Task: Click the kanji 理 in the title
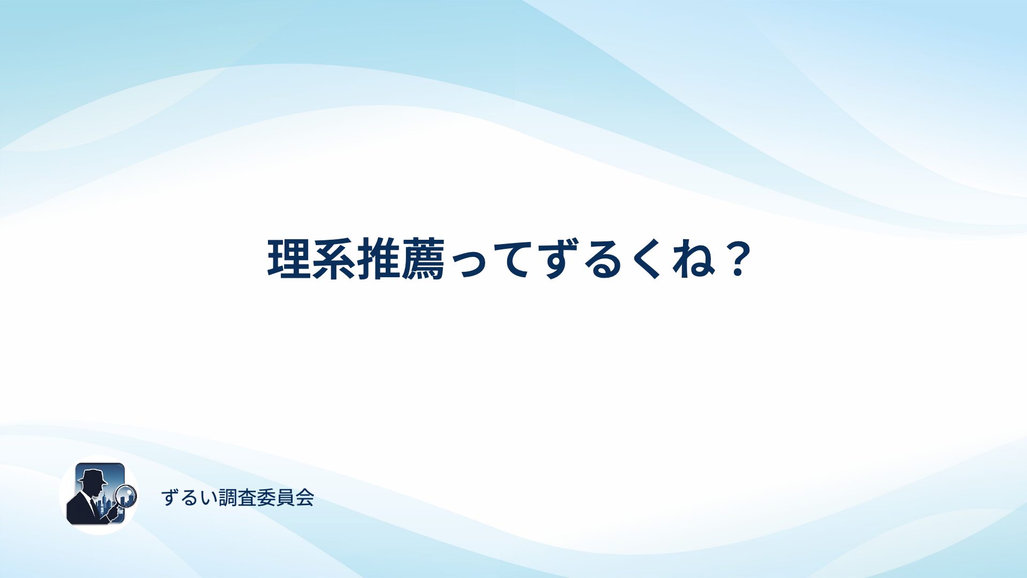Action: (x=289, y=259)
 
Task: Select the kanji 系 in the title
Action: (x=334, y=259)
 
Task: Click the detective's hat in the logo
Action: (x=92, y=476)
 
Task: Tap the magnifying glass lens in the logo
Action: (x=126, y=495)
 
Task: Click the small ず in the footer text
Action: (x=170, y=498)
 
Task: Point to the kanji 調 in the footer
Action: (x=228, y=498)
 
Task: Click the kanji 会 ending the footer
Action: (x=305, y=498)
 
